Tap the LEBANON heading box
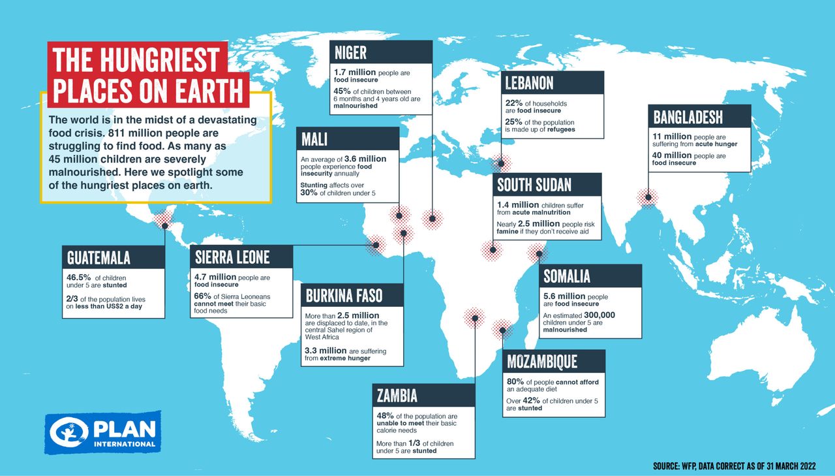coord(529,83)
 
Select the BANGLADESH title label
coord(689,117)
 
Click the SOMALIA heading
coord(568,276)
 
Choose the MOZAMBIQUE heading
coord(543,362)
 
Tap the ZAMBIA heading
coord(397,396)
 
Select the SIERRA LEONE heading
coord(232,257)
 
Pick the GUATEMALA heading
coord(99,257)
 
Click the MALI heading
coord(314,138)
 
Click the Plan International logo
coord(102,432)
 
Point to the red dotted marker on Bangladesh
coord(648,197)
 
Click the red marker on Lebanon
coord(501,163)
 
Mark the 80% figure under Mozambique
coord(516,381)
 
